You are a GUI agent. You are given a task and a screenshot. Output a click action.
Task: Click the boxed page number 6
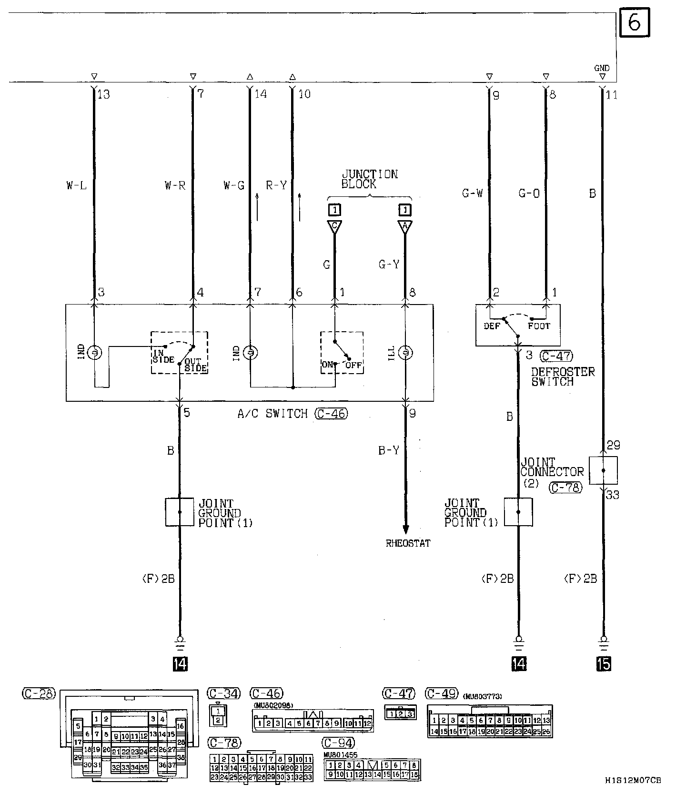[635, 22]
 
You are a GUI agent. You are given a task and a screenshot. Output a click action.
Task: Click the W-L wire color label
[77, 185]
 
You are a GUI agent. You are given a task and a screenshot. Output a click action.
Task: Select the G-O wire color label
[529, 193]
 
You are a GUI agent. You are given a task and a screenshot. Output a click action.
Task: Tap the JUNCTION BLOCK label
[369, 179]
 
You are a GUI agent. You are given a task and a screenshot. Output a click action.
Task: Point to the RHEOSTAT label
[408, 543]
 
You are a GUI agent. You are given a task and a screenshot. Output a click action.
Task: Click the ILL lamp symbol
[405, 353]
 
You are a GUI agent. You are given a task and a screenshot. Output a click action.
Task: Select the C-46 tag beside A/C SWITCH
[331, 414]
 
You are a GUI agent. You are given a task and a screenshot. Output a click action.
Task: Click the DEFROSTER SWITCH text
[563, 377]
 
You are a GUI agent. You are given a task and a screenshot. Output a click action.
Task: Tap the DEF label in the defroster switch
[492, 326]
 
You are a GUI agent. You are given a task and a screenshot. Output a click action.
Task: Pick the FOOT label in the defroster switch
[539, 326]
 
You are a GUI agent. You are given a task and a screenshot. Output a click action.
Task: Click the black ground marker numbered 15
[603, 664]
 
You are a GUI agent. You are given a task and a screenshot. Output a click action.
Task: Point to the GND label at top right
[602, 68]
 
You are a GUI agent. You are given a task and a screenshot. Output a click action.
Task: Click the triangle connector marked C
[334, 226]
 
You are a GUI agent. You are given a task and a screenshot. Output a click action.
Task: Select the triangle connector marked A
[405, 226]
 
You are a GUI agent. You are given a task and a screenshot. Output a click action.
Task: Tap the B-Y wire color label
[389, 450]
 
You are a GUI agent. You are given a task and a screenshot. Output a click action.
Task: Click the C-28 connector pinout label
[39, 693]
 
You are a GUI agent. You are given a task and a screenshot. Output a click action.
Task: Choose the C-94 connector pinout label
[338, 743]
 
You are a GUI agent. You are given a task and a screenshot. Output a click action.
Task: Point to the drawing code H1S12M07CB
[633, 781]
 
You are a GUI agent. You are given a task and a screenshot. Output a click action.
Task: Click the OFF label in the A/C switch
[353, 365]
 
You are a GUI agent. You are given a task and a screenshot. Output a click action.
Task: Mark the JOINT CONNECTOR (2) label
[551, 472]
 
